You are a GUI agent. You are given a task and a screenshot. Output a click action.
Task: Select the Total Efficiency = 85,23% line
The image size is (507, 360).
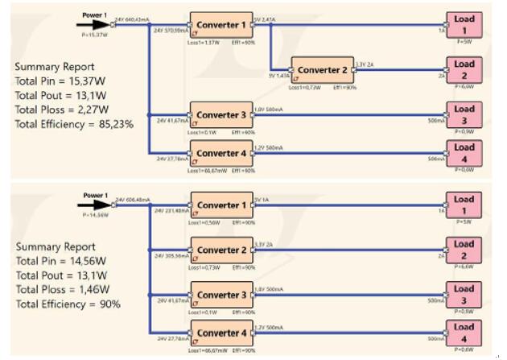click(74, 125)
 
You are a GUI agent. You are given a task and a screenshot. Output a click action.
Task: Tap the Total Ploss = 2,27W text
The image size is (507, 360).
click(60, 110)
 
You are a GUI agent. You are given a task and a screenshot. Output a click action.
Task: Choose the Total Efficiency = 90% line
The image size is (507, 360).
click(68, 304)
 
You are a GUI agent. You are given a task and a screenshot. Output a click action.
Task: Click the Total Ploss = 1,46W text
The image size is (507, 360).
click(60, 290)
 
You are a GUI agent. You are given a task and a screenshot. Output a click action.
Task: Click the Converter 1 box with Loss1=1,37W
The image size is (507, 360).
click(219, 24)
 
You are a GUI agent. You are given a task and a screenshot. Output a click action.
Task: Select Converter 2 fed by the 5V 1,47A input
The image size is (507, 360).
click(322, 70)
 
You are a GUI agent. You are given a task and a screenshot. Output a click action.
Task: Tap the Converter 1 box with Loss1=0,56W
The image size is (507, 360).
click(219, 205)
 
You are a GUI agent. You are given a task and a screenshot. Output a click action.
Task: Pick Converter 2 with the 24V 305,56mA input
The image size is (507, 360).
click(219, 250)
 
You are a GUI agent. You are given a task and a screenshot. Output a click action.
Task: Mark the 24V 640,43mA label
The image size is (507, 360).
click(134, 18)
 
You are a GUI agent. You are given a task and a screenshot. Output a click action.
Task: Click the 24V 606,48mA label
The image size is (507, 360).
click(134, 199)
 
